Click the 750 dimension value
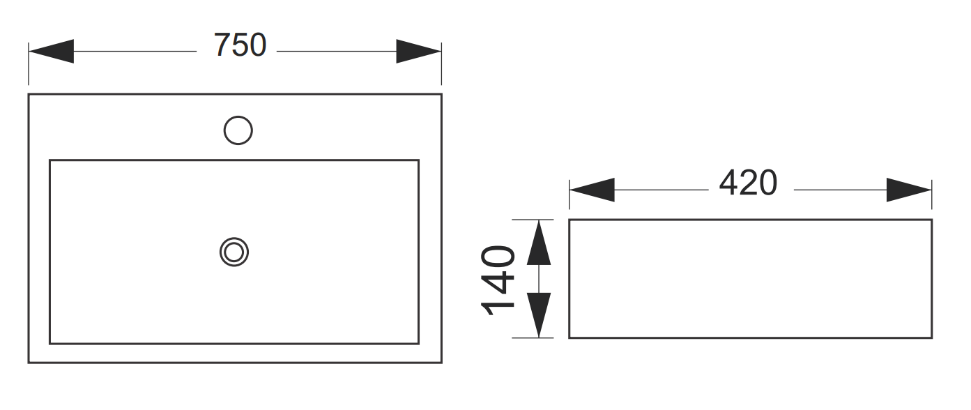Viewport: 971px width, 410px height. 240,46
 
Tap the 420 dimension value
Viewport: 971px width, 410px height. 747,184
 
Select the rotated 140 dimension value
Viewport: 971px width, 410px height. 499,280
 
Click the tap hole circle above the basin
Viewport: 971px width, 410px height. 238,130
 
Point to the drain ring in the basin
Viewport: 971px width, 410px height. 234,252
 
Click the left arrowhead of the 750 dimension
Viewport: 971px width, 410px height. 51,52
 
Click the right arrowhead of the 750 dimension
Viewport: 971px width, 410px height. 419,52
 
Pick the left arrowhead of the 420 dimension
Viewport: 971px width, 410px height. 592,190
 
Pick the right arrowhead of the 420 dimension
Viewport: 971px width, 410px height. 909,190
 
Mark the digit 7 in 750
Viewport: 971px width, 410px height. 222,46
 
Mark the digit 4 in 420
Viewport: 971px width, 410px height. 728,184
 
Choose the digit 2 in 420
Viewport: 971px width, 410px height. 747,184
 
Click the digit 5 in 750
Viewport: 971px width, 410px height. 240,46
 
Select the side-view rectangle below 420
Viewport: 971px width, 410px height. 750,279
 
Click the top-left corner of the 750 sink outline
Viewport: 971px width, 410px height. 29,94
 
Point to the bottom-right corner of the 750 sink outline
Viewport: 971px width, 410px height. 441,363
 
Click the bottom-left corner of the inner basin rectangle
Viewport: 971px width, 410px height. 49,343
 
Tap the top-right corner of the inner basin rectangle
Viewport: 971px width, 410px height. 418,160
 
